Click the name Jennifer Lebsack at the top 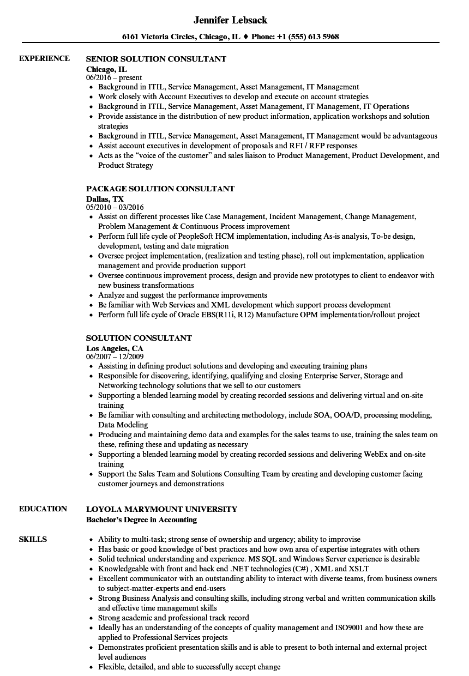230,20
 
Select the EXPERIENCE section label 44,58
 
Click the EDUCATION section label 43,509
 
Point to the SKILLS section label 33,539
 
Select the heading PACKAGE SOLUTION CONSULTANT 160,189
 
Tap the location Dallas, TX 105,199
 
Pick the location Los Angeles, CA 115,348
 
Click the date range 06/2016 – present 114,77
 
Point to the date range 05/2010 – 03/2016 115,208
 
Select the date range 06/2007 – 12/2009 115,357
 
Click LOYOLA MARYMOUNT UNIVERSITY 161,509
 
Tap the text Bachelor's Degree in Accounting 142,520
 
